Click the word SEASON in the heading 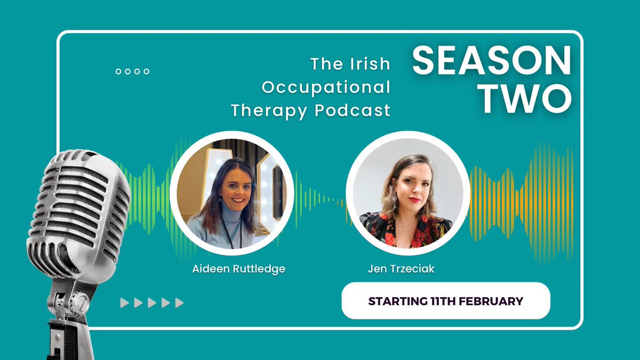coord(492,60)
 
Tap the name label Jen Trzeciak coord(401,269)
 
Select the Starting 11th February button coord(445,301)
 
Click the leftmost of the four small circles coord(118,71)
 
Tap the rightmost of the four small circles coord(146,71)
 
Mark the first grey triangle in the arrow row coord(124,303)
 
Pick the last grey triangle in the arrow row coord(179,303)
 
